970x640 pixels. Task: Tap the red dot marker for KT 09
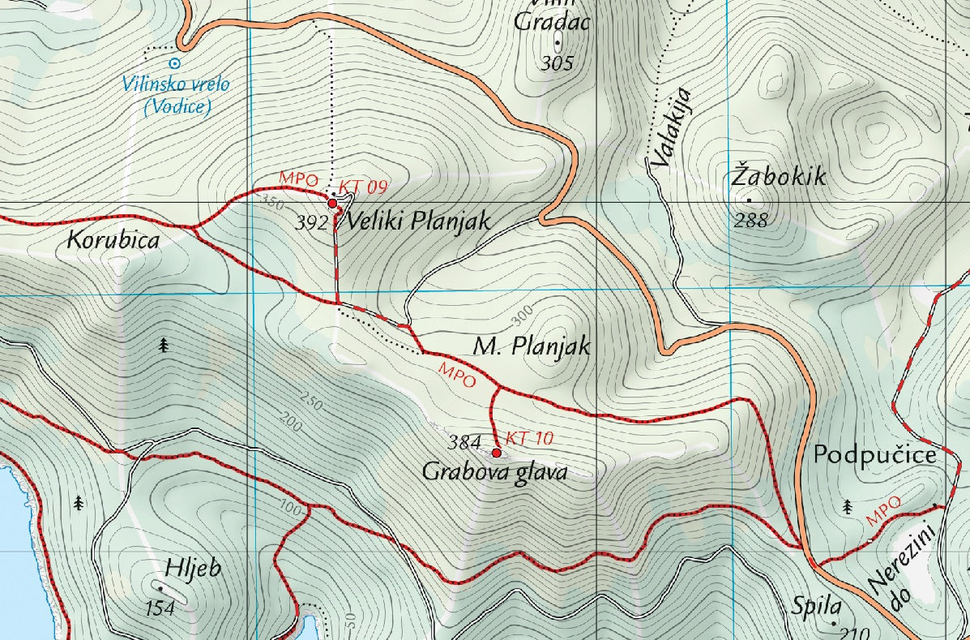(332, 204)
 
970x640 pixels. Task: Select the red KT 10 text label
(529, 439)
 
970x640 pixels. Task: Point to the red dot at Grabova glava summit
(496, 453)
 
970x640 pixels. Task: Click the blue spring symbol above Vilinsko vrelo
(173, 62)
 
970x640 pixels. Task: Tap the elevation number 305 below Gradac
(556, 64)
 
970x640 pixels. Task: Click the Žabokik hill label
(779, 176)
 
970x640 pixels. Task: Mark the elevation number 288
(750, 220)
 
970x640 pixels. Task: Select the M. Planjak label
(531, 348)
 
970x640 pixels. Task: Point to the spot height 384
(464, 443)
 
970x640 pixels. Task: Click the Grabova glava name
(494, 472)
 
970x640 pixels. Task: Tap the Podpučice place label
(875, 455)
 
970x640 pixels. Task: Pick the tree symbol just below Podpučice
(848, 507)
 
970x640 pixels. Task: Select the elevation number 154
(160, 608)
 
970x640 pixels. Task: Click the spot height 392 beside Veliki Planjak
(310, 223)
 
